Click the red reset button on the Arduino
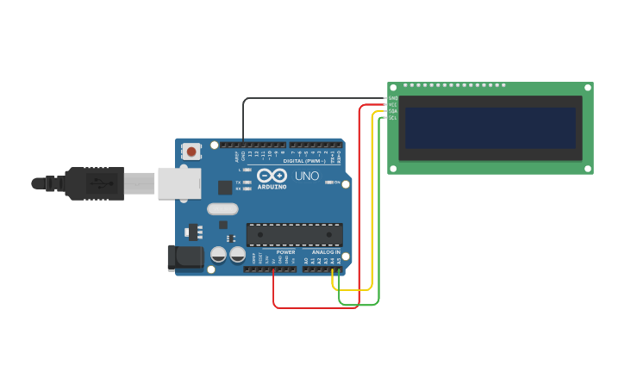coord(191,152)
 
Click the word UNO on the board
coord(307,176)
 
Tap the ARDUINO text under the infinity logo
coord(272,187)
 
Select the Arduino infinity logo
coord(271,176)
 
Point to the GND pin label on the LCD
coord(393,98)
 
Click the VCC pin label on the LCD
coord(393,105)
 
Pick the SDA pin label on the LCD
coord(393,111)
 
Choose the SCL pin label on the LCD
coord(393,118)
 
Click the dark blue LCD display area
coord(490,127)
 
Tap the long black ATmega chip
coord(294,234)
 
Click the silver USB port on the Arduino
coord(178,183)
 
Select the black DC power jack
coord(184,257)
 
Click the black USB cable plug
coord(95,183)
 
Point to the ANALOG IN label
coord(326,252)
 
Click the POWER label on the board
coord(285,252)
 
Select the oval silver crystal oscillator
coord(222,208)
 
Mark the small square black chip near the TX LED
coord(225,187)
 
